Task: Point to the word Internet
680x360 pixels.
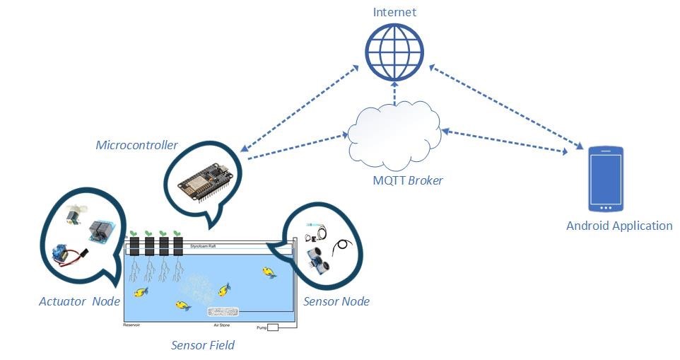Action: coord(395,12)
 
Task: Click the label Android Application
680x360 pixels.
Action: coord(619,226)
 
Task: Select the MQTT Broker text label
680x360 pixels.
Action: coord(408,180)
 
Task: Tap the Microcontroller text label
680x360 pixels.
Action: coord(136,145)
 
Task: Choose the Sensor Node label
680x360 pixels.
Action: coord(336,302)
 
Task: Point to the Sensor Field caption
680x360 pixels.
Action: coord(203,345)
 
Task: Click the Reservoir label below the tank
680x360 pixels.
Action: coord(133,325)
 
